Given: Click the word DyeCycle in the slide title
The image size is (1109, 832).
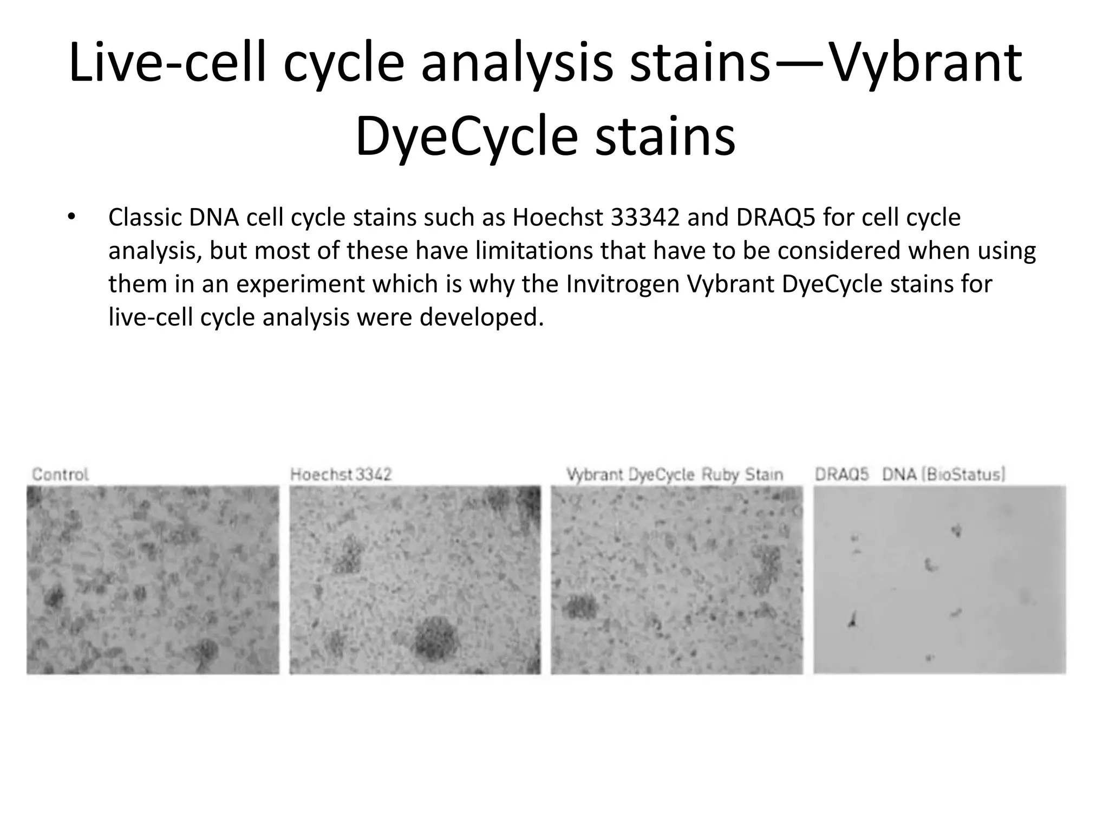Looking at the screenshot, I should (x=466, y=137).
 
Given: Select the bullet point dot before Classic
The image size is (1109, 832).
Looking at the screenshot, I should (x=71, y=218).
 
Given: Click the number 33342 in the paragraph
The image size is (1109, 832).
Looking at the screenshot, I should (x=645, y=218).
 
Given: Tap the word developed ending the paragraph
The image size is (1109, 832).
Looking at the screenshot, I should (x=481, y=317).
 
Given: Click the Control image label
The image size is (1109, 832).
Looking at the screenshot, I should (x=60, y=474).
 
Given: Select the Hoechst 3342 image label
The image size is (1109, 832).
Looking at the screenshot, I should (x=341, y=474).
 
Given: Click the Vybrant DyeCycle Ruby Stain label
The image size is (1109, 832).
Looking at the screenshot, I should (x=675, y=474).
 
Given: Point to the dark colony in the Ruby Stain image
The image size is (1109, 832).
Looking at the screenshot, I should (x=580, y=607).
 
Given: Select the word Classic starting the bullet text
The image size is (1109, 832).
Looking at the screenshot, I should (x=145, y=218).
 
